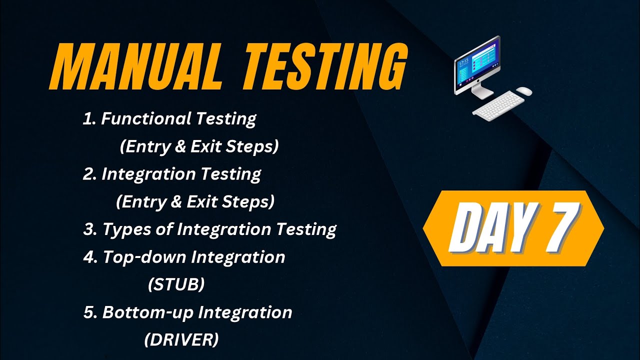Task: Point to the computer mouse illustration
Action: coord(523,91)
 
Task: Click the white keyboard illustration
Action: coord(498,105)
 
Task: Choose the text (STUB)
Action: coord(176,284)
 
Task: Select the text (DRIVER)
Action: coord(181,339)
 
